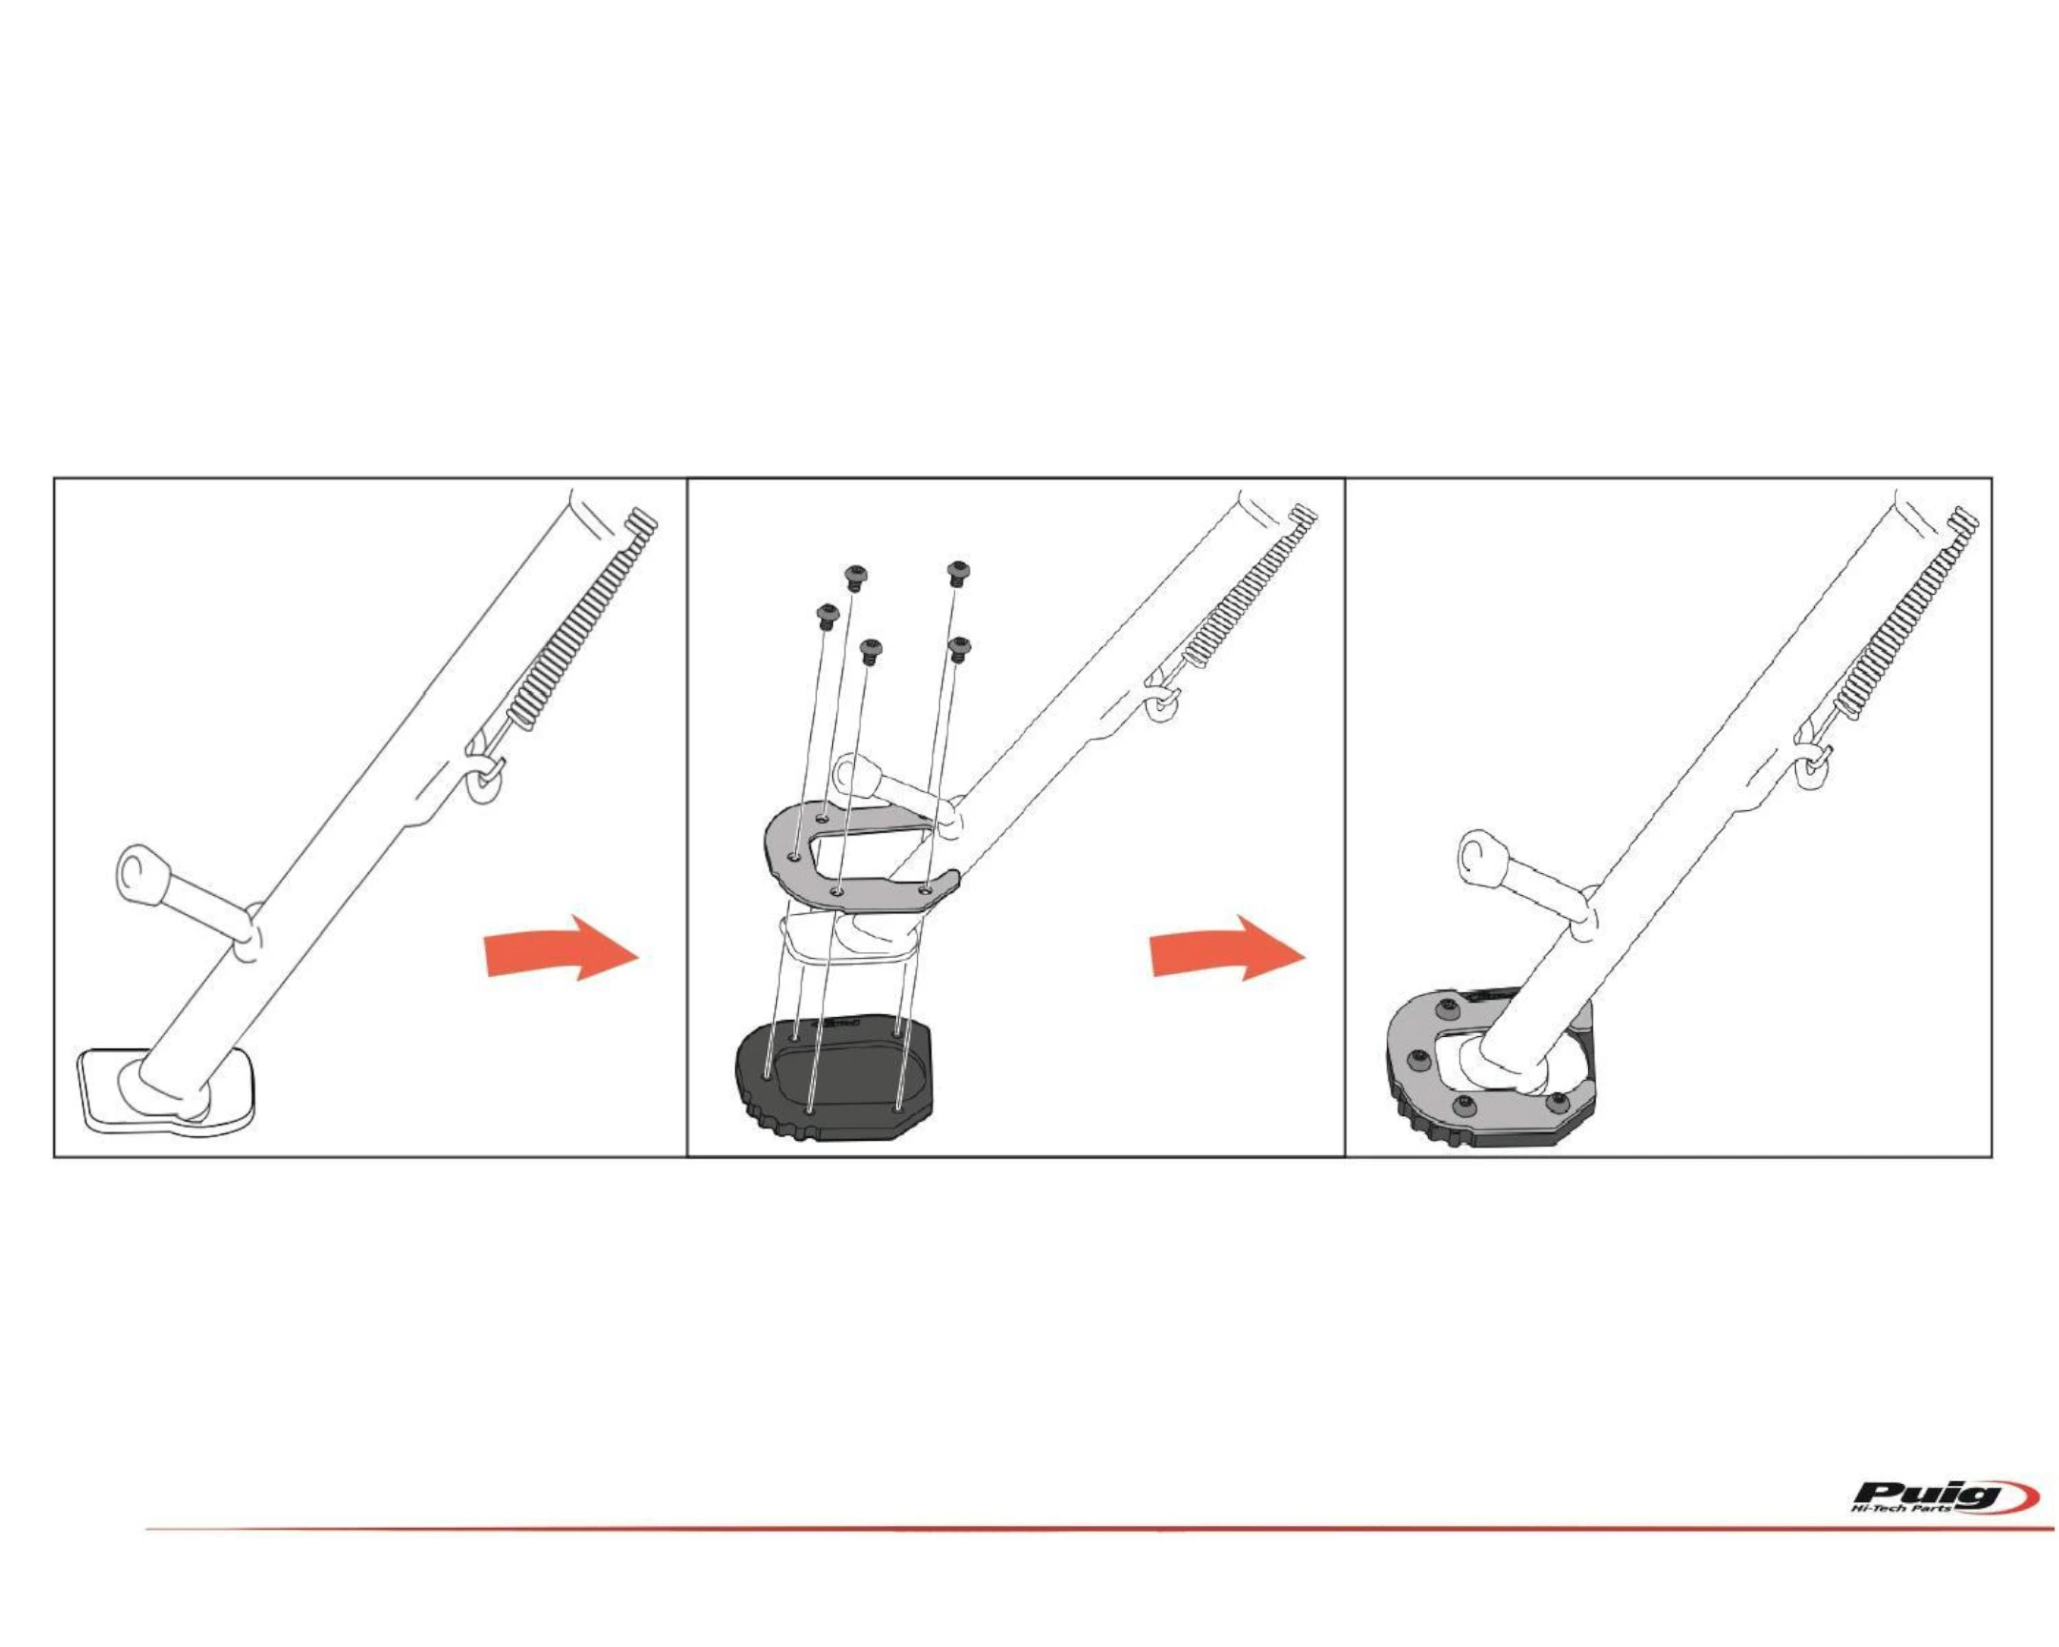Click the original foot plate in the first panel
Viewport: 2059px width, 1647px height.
tap(168, 1091)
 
